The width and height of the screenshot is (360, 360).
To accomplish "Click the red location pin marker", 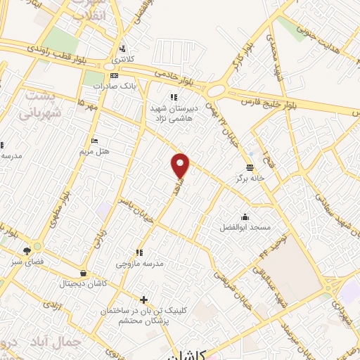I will click(x=181, y=165).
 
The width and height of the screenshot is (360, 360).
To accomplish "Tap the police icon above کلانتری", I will click(x=124, y=49).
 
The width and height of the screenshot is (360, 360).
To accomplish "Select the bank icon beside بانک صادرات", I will click(x=115, y=76).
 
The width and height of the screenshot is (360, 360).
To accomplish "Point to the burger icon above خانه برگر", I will click(x=250, y=167).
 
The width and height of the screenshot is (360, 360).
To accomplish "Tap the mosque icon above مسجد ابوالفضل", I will click(x=244, y=217).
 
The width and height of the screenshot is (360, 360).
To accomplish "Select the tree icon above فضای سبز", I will click(x=27, y=250).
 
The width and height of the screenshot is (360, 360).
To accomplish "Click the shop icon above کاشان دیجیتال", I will click(x=84, y=273).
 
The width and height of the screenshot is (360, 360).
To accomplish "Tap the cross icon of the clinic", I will click(x=143, y=300).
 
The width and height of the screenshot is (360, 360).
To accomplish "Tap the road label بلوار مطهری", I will click(x=56, y=211).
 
